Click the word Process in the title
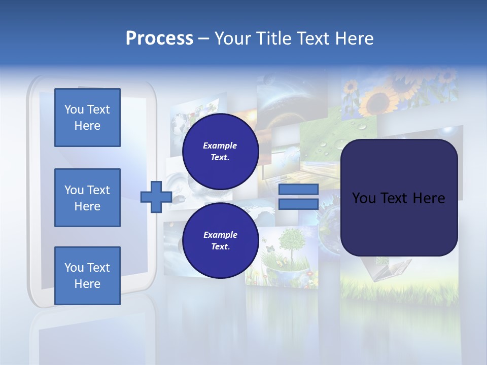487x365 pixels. [x=159, y=39]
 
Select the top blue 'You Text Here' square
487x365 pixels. [x=87, y=118]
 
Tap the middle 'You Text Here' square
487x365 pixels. [x=87, y=198]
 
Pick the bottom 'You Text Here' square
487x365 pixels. [x=87, y=276]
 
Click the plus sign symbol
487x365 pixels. [x=156, y=197]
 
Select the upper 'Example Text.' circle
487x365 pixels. [x=220, y=151]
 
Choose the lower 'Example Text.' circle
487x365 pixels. [x=220, y=240]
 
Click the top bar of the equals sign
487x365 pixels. [x=298, y=190]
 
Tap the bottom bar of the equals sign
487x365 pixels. [x=298, y=204]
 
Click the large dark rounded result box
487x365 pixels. [x=399, y=198]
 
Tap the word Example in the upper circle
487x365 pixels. [x=220, y=145]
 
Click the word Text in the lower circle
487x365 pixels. [x=220, y=247]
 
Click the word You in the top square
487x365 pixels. [x=74, y=109]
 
